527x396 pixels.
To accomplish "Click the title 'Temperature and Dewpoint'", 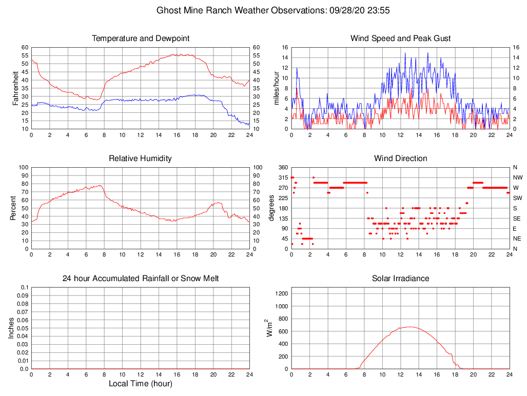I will coord(141,38).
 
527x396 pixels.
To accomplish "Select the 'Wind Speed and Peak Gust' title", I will coord(400,38).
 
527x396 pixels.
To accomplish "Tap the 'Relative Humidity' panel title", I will coord(140,159).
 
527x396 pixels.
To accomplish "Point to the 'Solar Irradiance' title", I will coord(400,279).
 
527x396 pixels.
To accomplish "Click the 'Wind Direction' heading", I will coord(400,159).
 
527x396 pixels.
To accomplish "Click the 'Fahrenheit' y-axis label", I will coord(16,88).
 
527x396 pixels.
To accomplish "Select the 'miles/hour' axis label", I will coord(277,88).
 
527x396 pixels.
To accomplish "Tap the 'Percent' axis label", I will coord(13,208).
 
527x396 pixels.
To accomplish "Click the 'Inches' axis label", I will coord(12,328).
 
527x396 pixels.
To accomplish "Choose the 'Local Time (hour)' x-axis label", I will coord(140,384).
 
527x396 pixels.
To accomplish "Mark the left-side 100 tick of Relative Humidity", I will coord(23,167).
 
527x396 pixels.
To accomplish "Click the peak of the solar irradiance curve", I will coord(409,327).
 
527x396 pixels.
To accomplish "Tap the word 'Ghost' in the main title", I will coord(168,10).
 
